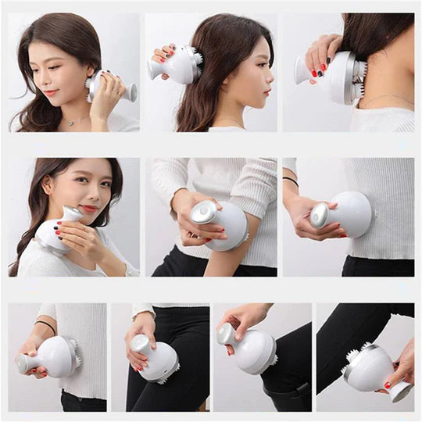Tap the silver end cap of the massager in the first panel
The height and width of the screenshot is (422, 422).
pos(132,92)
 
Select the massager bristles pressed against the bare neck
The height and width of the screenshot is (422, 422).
pos(357,81)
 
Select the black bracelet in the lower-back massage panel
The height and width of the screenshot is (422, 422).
pos(291,182)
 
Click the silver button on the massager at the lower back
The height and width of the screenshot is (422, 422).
pos(320,216)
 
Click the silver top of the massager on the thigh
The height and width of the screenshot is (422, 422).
pos(141,344)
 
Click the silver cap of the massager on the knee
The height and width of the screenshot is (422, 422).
pos(226,334)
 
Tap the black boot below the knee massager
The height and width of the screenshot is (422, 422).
pos(289,397)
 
